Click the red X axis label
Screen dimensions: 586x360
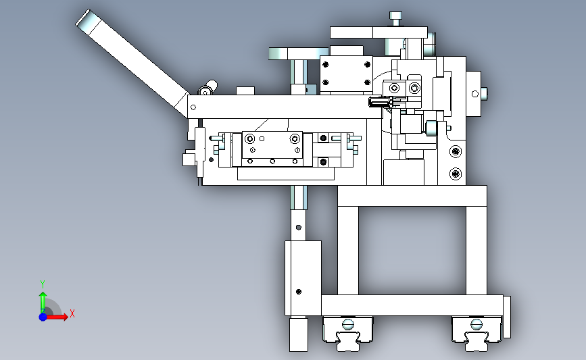pyautogui.click(x=72, y=313)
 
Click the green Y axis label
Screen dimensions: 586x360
pyautogui.click(x=43, y=284)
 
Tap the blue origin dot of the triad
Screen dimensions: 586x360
pyautogui.click(x=43, y=317)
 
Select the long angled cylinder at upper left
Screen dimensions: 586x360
pyautogui.click(x=132, y=63)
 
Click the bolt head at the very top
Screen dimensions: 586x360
pyautogui.click(x=395, y=16)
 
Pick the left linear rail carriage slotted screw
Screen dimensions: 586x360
pyautogui.click(x=348, y=324)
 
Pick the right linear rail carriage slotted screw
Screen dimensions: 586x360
pyautogui.click(x=476, y=324)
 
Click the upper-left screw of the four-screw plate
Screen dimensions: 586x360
pyautogui.click(x=326, y=65)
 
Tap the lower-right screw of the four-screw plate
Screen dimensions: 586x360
pyautogui.click(x=368, y=82)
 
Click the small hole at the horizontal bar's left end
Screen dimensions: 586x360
pyautogui.click(x=193, y=107)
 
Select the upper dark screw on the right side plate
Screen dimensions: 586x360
pyautogui.click(x=455, y=151)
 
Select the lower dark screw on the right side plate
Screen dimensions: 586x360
pyautogui.click(x=455, y=174)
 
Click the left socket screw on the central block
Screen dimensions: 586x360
pyautogui.click(x=249, y=139)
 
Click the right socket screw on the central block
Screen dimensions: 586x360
pyautogui.click(x=295, y=139)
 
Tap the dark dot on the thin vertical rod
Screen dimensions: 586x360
pyautogui.click(x=298, y=228)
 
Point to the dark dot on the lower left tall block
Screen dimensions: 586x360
pyautogui.click(x=298, y=292)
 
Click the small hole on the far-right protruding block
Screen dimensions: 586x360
pyautogui.click(x=475, y=94)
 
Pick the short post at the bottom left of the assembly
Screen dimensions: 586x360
pyautogui.click(x=299, y=334)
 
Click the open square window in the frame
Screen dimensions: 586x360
pyautogui.click(x=412, y=250)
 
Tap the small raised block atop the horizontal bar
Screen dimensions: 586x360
pyautogui.click(x=245, y=91)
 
